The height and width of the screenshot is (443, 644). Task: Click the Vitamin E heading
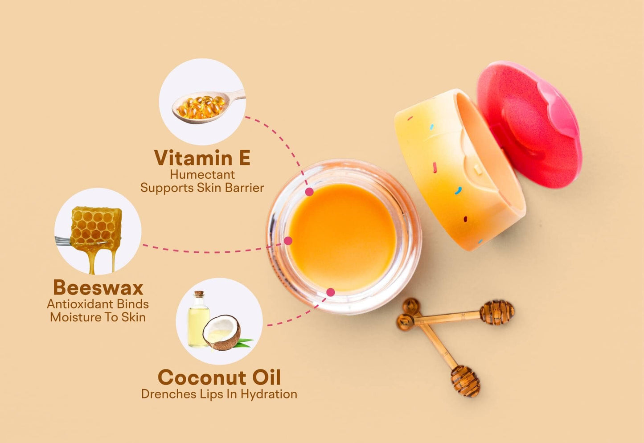pos(202,157)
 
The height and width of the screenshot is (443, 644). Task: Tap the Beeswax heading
pos(98,287)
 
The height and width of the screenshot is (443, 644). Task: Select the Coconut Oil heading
pos(219,377)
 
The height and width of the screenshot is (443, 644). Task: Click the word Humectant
pos(202,175)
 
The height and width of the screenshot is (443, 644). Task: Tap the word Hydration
pos(269,394)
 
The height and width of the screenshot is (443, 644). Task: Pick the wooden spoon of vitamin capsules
pos(209,107)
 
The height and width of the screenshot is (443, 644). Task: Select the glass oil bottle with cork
pos(198,319)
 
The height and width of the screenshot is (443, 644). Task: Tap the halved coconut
pos(222,332)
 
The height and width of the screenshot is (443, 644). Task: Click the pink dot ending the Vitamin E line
pos(309,192)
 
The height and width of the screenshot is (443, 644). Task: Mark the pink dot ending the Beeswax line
pos(288,241)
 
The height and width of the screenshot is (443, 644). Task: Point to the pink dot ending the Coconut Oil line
pos(331,292)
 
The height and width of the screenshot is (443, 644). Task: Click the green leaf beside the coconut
pos(244,342)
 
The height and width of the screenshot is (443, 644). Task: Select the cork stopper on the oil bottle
pos(199,294)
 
